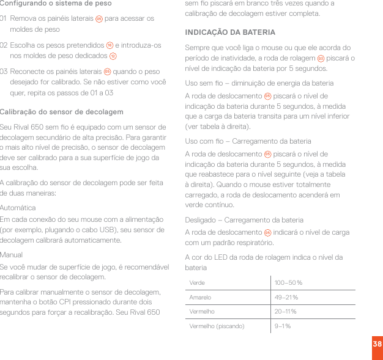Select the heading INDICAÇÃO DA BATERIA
(230, 32)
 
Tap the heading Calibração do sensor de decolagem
(62, 112)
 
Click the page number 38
(377, 345)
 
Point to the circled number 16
(110, 45)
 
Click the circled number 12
(113, 56)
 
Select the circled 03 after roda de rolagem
(321, 59)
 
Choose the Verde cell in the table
(198, 283)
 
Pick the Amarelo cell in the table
(201, 298)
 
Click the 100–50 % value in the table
(288, 283)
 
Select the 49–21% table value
(286, 298)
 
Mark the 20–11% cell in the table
(286, 312)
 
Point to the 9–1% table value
(283, 326)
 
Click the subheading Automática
(18, 208)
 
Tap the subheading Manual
(12, 254)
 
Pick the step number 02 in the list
(5, 45)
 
